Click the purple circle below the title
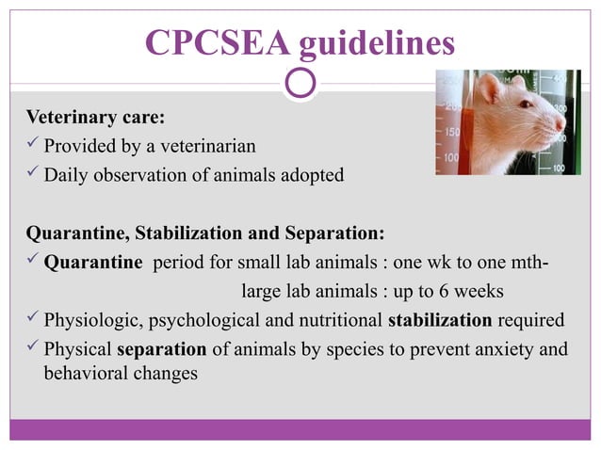[x=300, y=84]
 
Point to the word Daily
[x=64, y=174]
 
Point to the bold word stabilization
[x=440, y=319]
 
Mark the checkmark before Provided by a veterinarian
[x=32, y=147]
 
